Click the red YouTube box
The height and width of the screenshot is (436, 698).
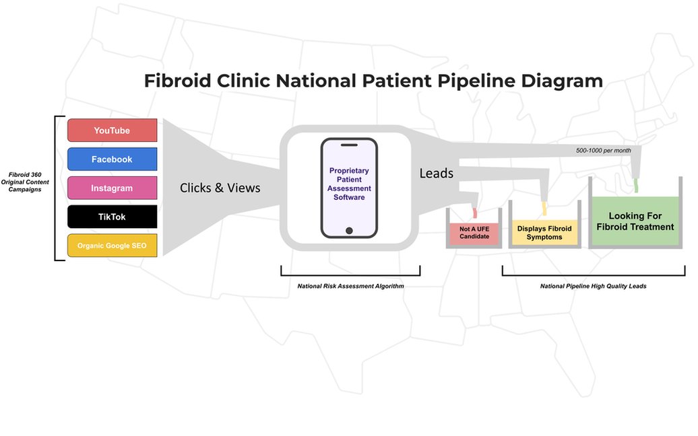(x=112, y=131)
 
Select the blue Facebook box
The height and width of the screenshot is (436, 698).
(x=112, y=159)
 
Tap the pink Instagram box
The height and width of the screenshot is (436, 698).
(x=112, y=188)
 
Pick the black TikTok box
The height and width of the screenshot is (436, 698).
(x=112, y=217)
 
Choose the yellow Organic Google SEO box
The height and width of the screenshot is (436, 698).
(x=112, y=246)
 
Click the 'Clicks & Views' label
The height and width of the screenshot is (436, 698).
(x=220, y=188)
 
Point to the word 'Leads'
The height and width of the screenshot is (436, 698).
(x=436, y=174)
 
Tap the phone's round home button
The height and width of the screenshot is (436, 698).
(x=349, y=231)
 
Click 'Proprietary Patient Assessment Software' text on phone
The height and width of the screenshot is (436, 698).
(x=349, y=184)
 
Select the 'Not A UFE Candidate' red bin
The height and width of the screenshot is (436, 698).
(x=474, y=233)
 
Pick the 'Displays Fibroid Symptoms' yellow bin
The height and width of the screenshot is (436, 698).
(x=544, y=233)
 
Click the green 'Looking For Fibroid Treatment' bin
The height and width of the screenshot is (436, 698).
(x=635, y=222)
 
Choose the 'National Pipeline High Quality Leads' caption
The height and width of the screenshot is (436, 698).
(x=593, y=286)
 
